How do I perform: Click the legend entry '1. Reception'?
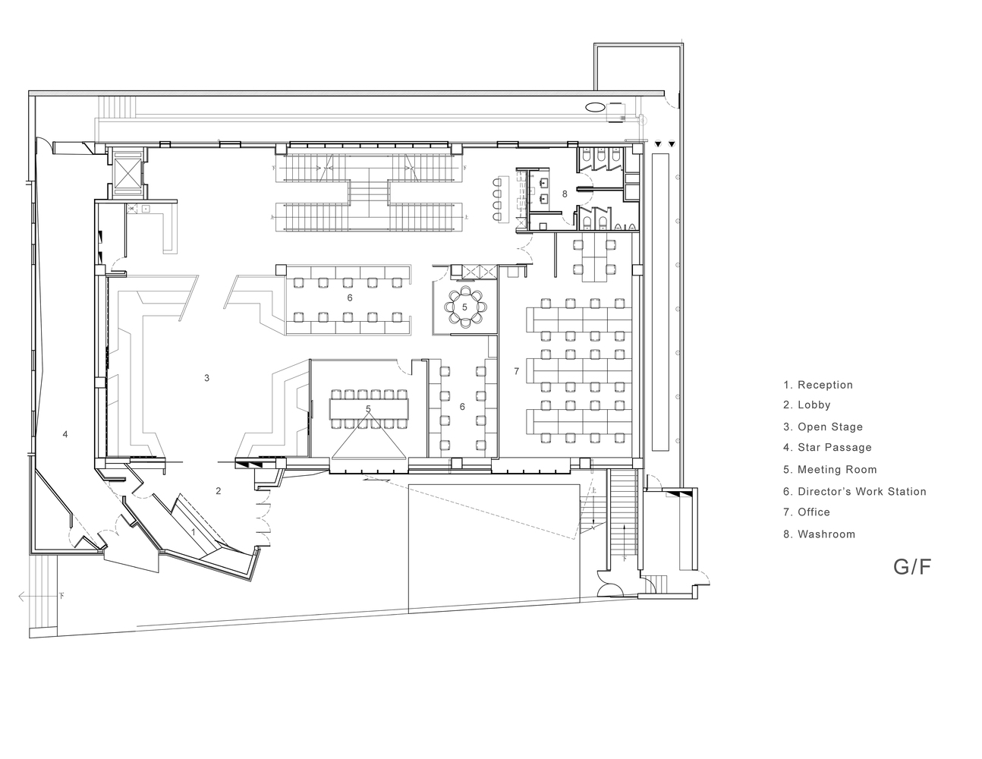click(x=818, y=385)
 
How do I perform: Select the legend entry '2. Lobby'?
click(x=807, y=405)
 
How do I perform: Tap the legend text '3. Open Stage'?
click(x=823, y=427)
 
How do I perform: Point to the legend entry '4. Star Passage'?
click(x=827, y=447)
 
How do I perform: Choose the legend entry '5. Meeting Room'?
click(x=829, y=469)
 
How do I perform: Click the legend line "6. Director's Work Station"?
click(x=855, y=492)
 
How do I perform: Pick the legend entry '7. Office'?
click(x=807, y=512)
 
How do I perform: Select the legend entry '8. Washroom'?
click(x=820, y=534)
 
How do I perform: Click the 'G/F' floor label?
click(x=912, y=567)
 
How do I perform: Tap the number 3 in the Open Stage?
click(x=206, y=378)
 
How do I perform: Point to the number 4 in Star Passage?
click(x=65, y=434)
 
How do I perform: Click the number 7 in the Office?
click(x=517, y=371)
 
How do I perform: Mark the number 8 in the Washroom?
click(x=565, y=194)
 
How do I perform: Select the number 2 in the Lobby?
click(x=219, y=490)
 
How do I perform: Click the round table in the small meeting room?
click(x=465, y=307)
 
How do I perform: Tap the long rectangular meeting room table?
click(x=369, y=409)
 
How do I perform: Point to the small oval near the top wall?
click(x=595, y=108)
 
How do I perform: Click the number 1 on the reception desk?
click(x=193, y=532)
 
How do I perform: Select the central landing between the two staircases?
click(x=370, y=192)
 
